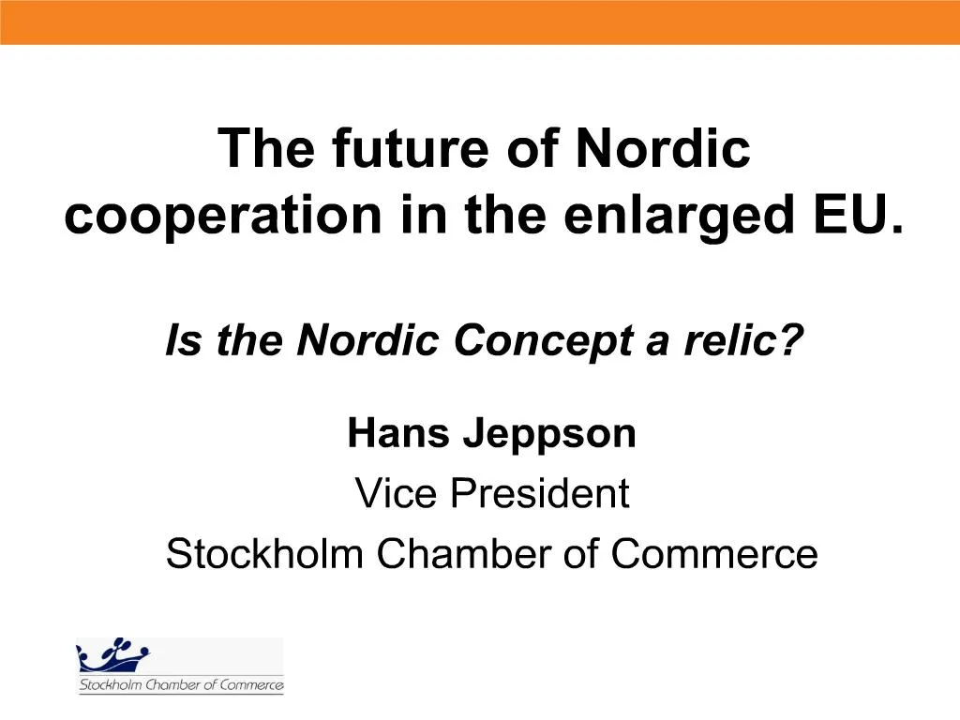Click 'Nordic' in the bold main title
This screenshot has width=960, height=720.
click(x=662, y=149)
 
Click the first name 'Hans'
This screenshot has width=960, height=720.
click(x=397, y=434)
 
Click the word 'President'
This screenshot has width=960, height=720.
click(x=536, y=493)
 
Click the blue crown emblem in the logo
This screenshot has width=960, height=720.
click(x=113, y=656)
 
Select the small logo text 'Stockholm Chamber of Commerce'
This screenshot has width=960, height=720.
click(x=180, y=685)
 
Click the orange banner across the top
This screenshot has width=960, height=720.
click(x=480, y=22)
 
